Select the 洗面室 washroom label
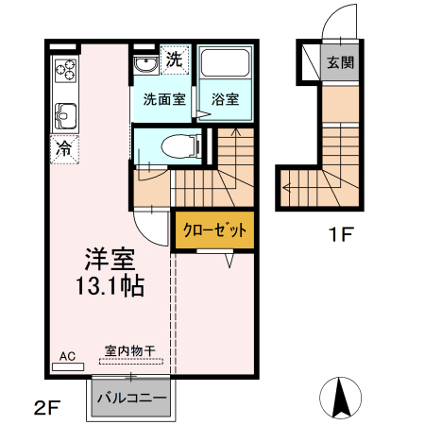[163, 99]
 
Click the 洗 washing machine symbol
[174, 59]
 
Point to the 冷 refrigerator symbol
[64, 148]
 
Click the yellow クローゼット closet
[214, 230]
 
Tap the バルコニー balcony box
[131, 398]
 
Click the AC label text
[67, 355]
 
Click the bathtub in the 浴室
[225, 66]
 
